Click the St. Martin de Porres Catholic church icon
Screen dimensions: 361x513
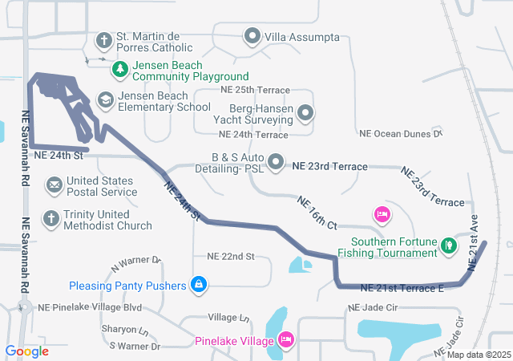tap(104, 39)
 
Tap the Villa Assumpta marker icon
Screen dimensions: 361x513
tap(253, 36)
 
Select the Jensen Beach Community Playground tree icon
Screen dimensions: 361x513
tap(120, 69)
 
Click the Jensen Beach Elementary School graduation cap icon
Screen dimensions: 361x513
tap(104, 99)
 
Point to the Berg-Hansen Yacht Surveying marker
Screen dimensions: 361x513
tap(305, 114)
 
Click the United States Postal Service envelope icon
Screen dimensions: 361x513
tap(54, 185)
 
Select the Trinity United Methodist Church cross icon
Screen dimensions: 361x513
tap(50, 218)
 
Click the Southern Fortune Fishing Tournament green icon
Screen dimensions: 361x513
tap(450, 246)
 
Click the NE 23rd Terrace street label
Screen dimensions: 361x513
tap(330, 167)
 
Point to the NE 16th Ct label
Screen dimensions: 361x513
tap(317, 212)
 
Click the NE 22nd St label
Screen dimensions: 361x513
tap(230, 257)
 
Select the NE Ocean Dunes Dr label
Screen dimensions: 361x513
tap(401, 134)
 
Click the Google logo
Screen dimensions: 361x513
tap(26, 351)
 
